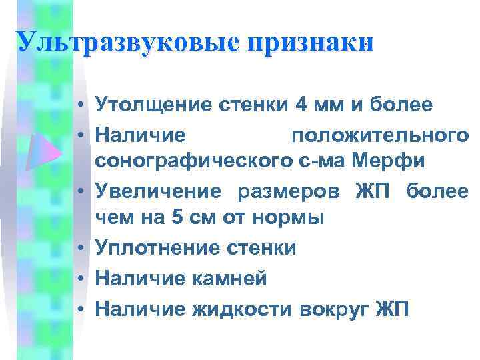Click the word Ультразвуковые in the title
[128, 42]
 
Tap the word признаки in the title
[310, 42]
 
